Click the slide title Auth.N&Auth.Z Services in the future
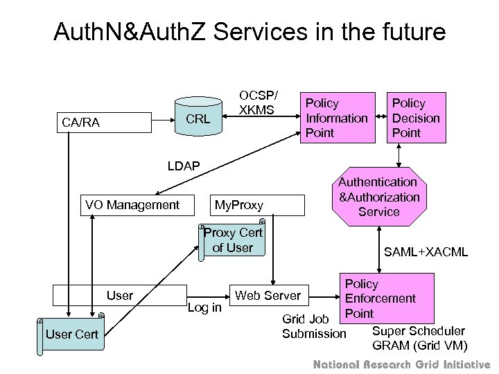(x=249, y=32)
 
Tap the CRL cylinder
(x=198, y=119)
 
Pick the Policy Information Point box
(x=337, y=118)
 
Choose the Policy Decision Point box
(x=416, y=118)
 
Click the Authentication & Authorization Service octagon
(x=378, y=197)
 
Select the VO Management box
(x=132, y=205)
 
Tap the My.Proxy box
(x=239, y=206)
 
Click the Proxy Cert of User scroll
(x=233, y=240)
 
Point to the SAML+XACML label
(x=426, y=251)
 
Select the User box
(x=120, y=295)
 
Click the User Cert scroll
(x=71, y=335)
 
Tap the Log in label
(x=204, y=307)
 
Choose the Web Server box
(x=269, y=296)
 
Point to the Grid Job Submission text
(x=314, y=327)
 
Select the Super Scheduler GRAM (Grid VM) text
(x=419, y=338)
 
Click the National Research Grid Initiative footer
(x=401, y=364)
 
